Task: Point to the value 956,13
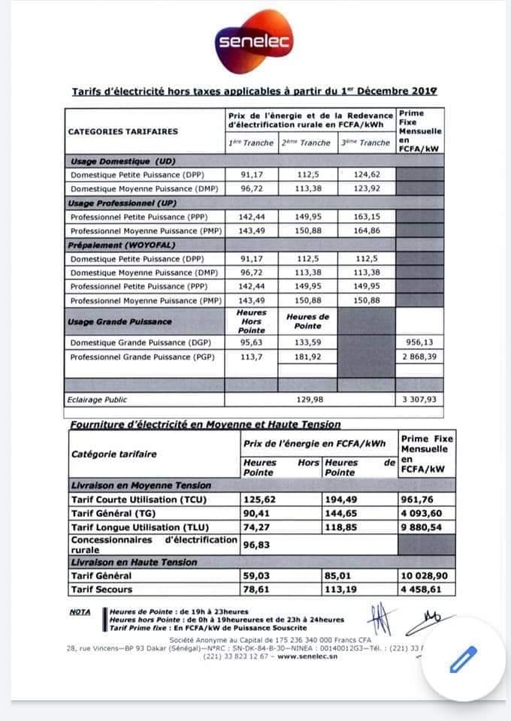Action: [x=419, y=342]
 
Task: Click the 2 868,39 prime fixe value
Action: [x=419, y=357]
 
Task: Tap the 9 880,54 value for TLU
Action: [x=425, y=527]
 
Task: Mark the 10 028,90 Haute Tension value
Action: [x=425, y=575]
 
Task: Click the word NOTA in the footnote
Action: [x=80, y=611]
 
